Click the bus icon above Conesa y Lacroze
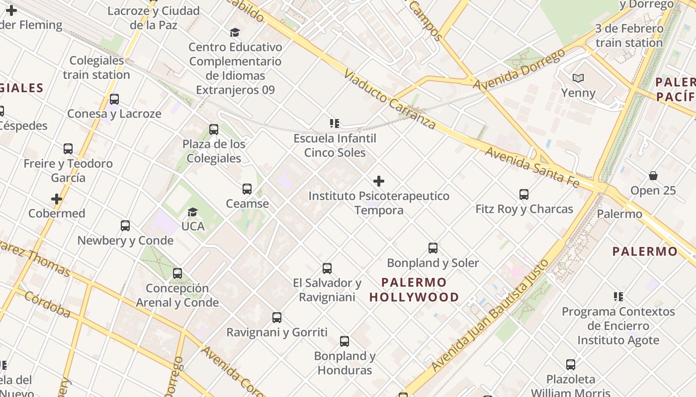(x=114, y=99)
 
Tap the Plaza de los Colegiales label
(x=214, y=151)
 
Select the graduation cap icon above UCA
(x=192, y=212)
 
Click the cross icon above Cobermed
(x=57, y=199)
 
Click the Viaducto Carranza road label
(x=390, y=100)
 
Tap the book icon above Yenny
(x=578, y=78)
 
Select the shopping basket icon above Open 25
(x=653, y=176)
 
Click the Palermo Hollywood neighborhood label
(x=414, y=290)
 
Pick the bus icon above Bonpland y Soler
(x=433, y=248)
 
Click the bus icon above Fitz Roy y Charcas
(x=524, y=195)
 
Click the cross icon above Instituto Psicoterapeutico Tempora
(x=379, y=181)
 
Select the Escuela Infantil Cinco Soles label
(x=335, y=145)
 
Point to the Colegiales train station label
(x=96, y=67)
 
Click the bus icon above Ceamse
(x=247, y=189)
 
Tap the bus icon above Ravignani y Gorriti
(x=277, y=318)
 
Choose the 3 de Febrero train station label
(x=629, y=36)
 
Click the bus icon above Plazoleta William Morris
(x=571, y=365)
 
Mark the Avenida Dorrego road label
(x=519, y=69)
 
